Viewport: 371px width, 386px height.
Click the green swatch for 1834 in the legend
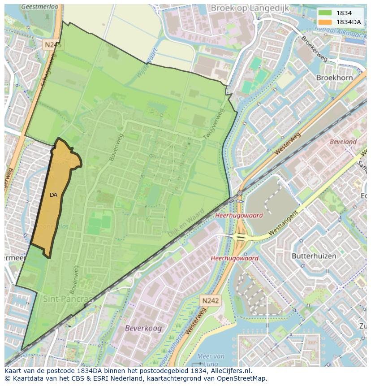coord(325,13)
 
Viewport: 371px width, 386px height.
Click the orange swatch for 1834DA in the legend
coord(325,22)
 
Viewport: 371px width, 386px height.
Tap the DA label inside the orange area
coord(53,195)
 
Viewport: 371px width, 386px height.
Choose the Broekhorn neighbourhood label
coord(334,78)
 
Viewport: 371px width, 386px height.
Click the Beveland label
coord(343,142)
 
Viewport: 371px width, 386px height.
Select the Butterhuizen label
coord(313,256)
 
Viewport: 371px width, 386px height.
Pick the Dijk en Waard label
coord(186,223)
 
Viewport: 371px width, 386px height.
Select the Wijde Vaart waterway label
coord(148,62)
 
